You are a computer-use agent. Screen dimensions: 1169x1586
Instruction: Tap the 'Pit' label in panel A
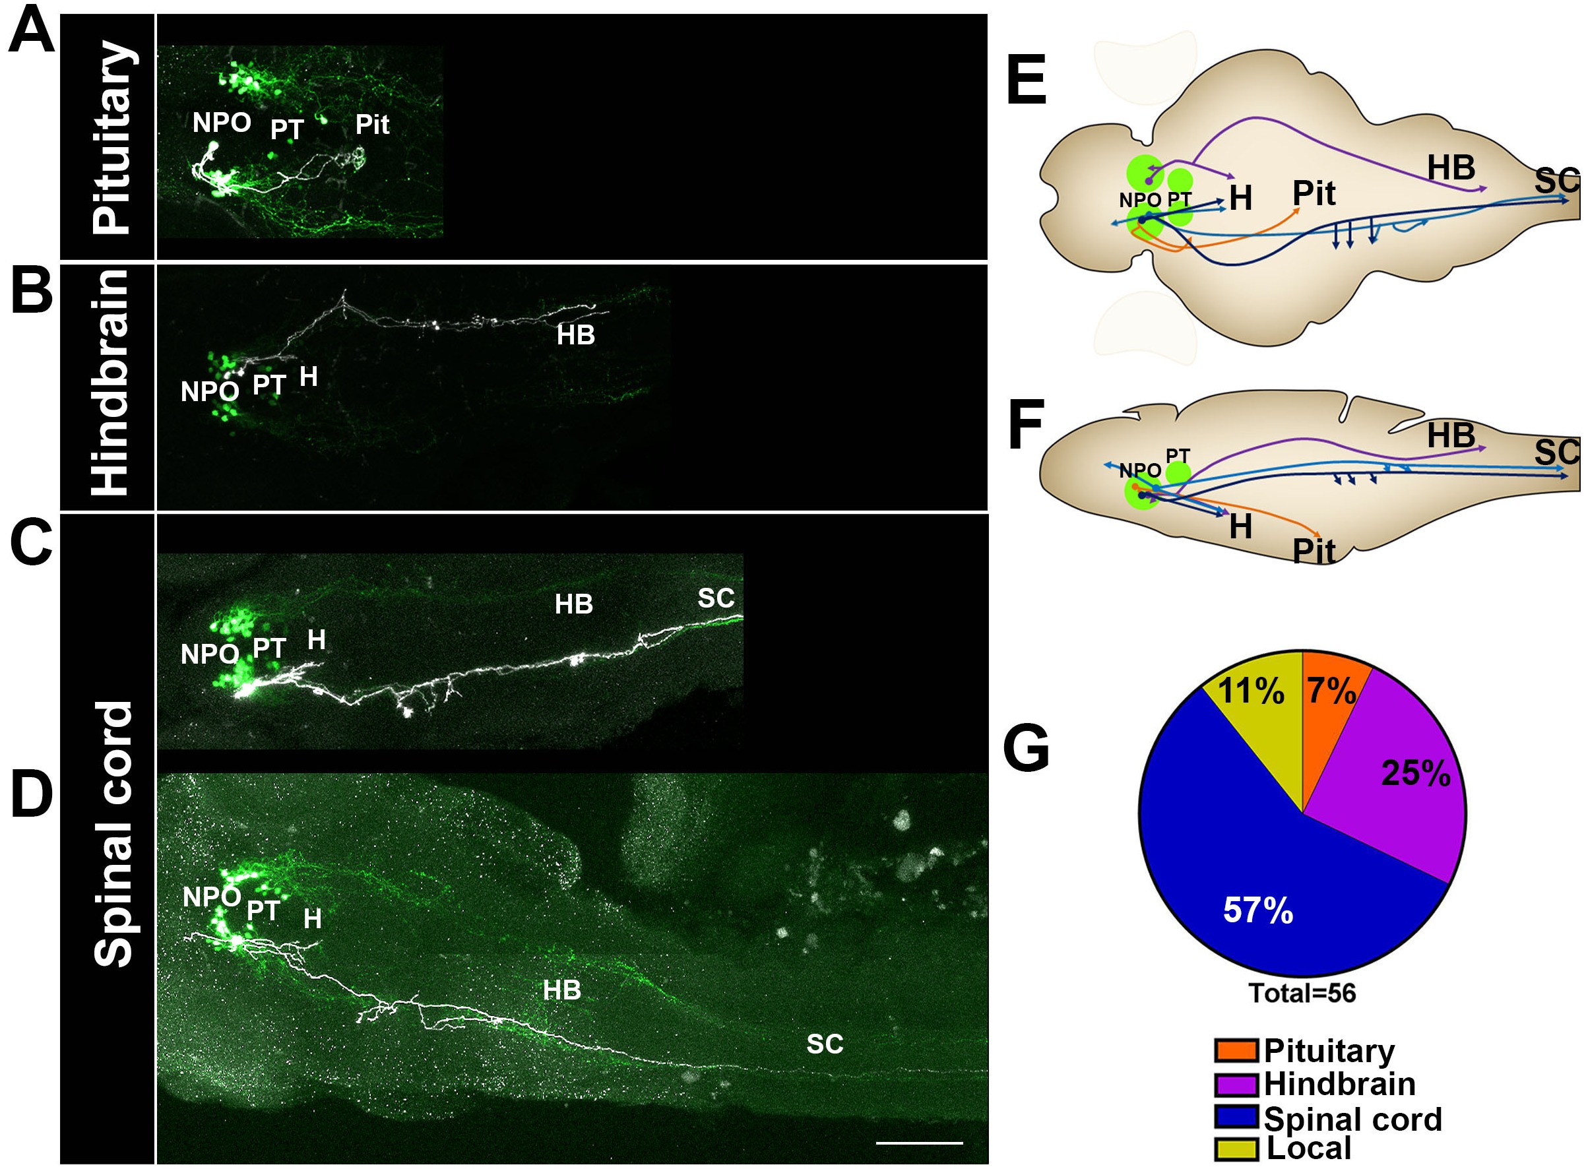click(372, 125)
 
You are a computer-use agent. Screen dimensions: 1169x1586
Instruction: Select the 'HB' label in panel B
click(575, 334)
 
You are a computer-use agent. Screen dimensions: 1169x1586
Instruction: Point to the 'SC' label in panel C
click(716, 598)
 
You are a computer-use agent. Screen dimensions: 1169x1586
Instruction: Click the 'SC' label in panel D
click(825, 1044)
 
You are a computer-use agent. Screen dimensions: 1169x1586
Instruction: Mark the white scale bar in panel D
click(919, 1142)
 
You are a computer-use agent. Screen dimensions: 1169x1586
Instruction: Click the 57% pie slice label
click(1257, 910)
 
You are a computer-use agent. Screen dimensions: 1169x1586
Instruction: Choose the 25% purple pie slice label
click(1415, 773)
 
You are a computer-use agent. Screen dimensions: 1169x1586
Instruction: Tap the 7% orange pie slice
click(1331, 691)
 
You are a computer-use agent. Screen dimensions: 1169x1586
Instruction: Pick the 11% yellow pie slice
click(1252, 691)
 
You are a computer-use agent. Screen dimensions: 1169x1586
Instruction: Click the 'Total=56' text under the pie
click(1302, 994)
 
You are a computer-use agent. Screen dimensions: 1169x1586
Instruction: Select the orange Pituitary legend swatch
click(1236, 1051)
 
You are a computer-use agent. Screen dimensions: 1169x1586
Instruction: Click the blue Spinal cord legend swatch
click(1236, 1118)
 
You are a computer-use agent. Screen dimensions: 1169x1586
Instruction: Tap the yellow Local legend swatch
click(1236, 1149)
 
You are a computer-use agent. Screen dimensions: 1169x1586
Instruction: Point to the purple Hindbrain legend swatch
click(1236, 1084)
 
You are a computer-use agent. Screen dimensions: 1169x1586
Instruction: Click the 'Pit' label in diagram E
click(1314, 193)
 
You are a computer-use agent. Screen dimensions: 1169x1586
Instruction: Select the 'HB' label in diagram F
click(1451, 436)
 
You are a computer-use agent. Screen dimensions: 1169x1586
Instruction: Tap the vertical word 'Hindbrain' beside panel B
click(111, 383)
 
